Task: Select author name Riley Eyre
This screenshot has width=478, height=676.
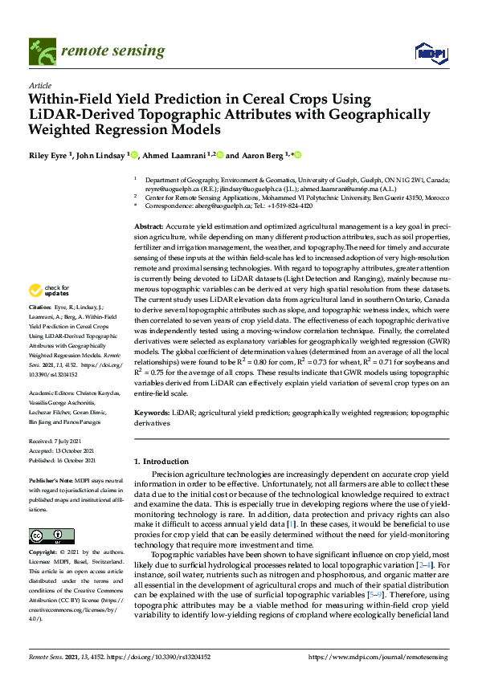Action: pyautogui.click(x=47, y=155)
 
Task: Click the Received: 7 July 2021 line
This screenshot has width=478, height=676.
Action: pyautogui.click(x=57, y=442)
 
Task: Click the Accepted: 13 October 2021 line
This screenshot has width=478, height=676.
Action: pyautogui.click(x=63, y=451)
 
